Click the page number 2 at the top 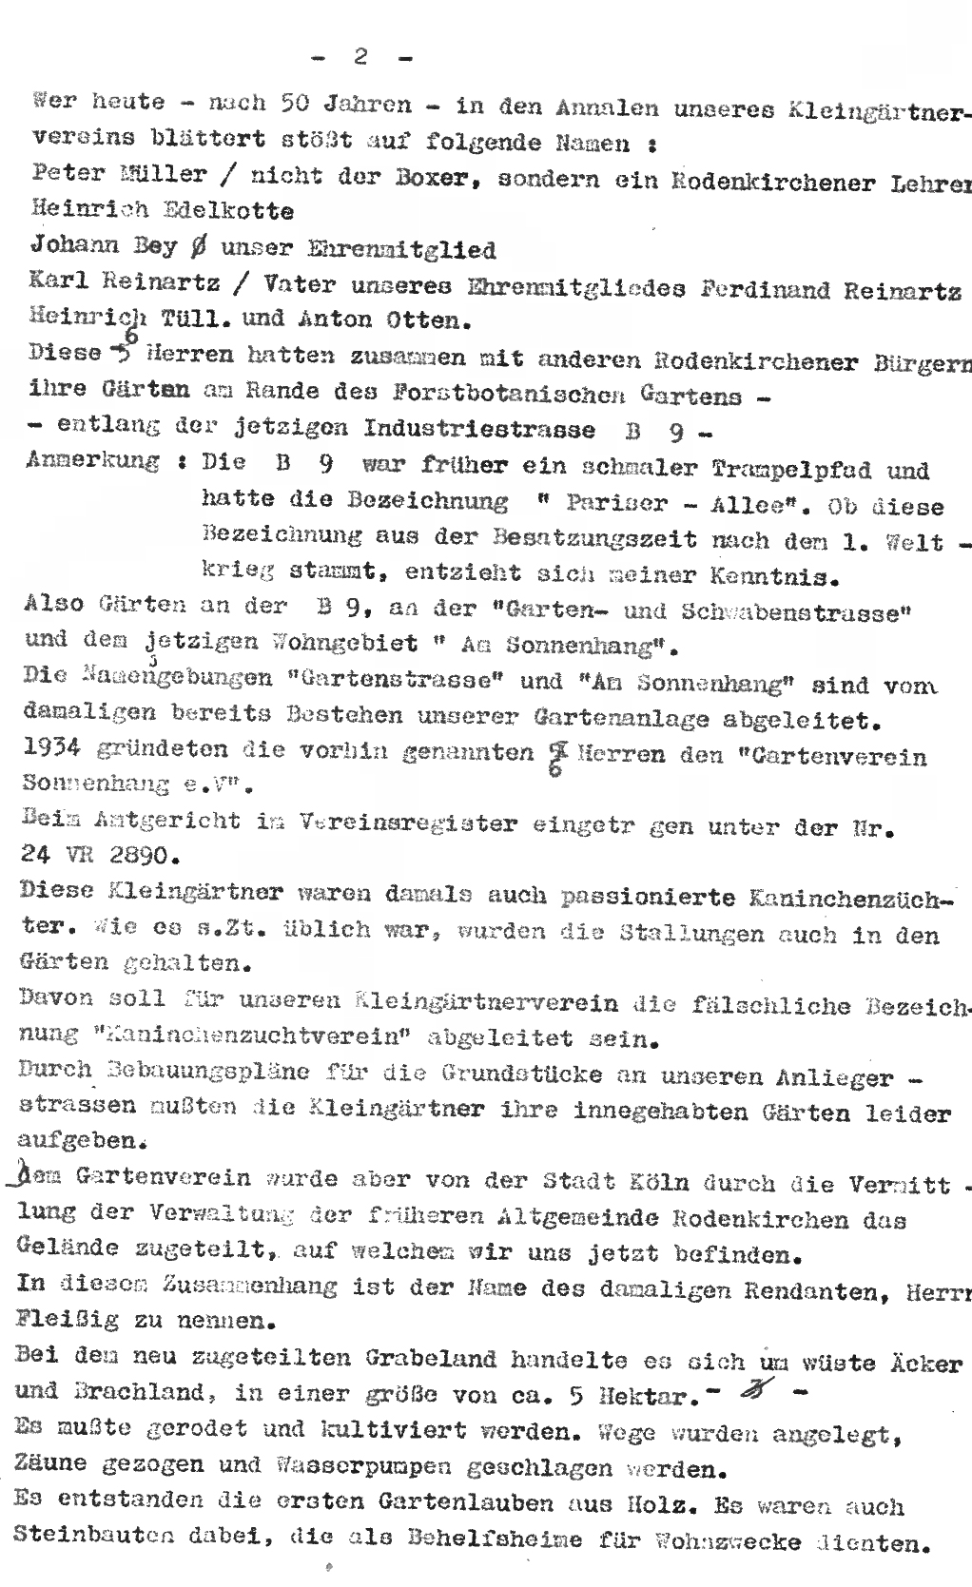coord(361,57)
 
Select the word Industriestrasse coord(479,428)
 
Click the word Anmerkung coord(93,461)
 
